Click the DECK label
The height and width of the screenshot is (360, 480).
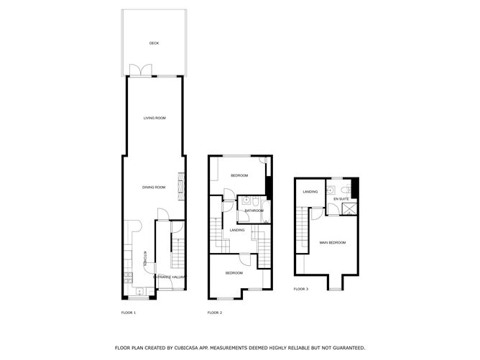click(x=154, y=43)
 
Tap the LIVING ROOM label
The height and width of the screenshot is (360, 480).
click(x=154, y=118)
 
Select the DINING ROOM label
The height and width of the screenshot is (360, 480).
click(x=154, y=187)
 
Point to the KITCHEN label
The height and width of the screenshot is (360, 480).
click(x=145, y=259)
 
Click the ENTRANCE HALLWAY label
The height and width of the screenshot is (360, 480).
click(x=170, y=277)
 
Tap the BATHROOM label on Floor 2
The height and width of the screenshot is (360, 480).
click(x=254, y=211)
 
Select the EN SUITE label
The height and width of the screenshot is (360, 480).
click(x=341, y=199)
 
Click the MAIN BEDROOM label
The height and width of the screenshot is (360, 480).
click(x=333, y=242)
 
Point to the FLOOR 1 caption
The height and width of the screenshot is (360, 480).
click(x=129, y=313)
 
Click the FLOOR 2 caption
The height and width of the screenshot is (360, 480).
click(x=215, y=313)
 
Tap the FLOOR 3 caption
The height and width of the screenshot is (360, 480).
click(x=301, y=289)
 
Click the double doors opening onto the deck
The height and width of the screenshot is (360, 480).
click(x=141, y=70)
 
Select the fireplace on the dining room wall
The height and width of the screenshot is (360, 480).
click(x=182, y=186)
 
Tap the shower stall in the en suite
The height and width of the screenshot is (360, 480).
click(x=349, y=209)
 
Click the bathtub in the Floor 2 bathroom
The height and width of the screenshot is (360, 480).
click(x=266, y=212)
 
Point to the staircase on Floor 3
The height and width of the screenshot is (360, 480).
click(x=302, y=230)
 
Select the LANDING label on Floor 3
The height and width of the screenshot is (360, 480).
click(x=310, y=192)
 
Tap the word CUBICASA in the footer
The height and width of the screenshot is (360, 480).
click(x=186, y=348)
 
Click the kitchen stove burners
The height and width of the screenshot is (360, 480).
click(x=128, y=277)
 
